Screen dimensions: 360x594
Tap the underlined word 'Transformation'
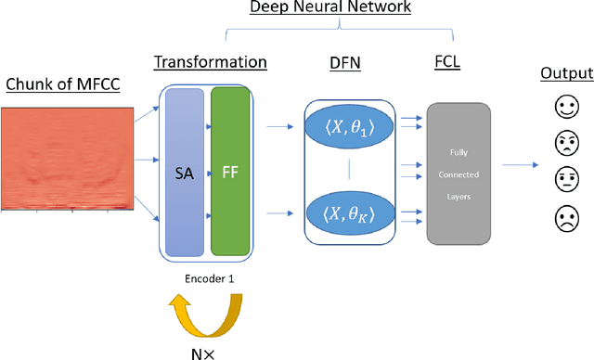[210, 62]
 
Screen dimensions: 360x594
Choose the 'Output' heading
[565, 73]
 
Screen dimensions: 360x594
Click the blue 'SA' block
[184, 173]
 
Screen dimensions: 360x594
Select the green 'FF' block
[231, 173]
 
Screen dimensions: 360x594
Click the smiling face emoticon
[565, 108]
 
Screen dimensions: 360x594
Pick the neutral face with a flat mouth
[565, 182]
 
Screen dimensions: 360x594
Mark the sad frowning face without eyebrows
[565, 221]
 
